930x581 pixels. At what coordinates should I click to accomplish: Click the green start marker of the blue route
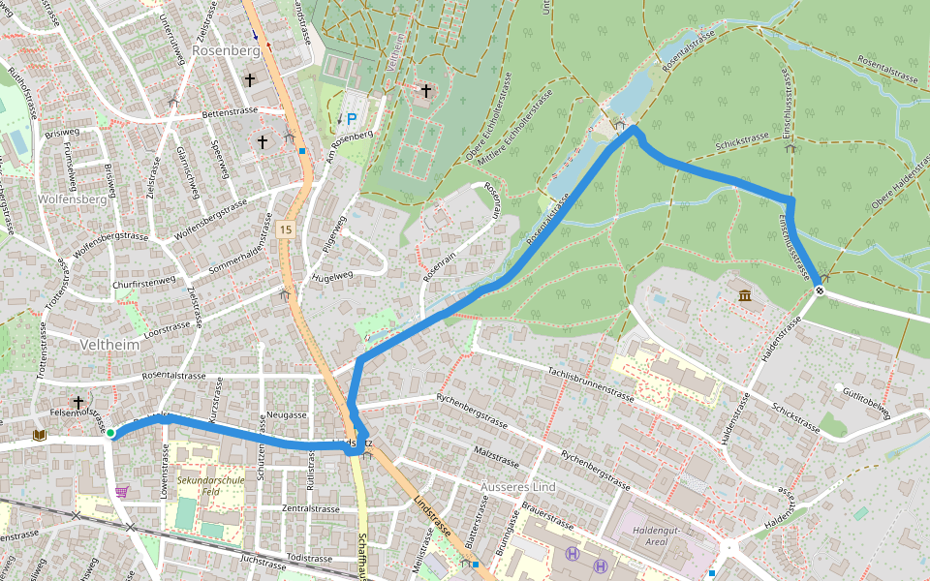110,433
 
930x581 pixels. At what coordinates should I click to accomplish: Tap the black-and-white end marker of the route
820,290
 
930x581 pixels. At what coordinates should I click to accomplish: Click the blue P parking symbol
352,120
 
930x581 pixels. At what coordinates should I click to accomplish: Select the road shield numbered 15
284,229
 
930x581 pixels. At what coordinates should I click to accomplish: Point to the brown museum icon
744,294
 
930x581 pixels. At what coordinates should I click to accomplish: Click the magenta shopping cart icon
121,492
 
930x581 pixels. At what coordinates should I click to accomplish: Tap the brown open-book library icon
39,436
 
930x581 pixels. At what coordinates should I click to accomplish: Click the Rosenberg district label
226,49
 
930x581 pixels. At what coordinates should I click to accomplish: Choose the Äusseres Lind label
518,486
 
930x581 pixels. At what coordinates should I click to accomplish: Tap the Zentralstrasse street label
310,508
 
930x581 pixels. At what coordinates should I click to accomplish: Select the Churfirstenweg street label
144,284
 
